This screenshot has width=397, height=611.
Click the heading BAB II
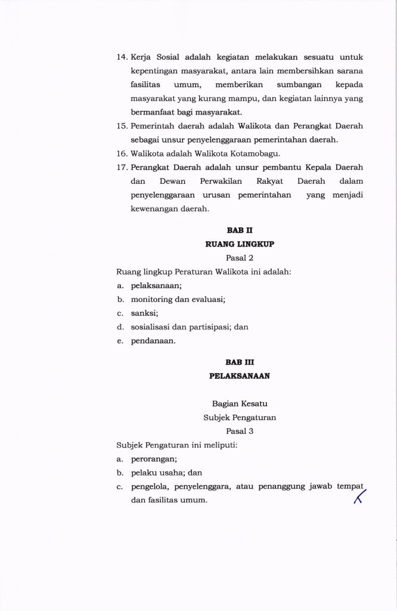tap(240, 230)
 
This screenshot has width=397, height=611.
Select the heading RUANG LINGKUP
tap(240, 244)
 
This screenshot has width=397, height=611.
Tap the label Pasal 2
tap(240, 258)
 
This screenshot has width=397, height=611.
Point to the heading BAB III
tap(240, 362)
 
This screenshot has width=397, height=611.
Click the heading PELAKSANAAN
tap(240, 377)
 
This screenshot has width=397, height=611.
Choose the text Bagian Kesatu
tap(240, 404)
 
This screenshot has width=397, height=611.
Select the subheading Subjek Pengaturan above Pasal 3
tap(240, 418)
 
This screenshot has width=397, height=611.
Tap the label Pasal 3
tap(240, 431)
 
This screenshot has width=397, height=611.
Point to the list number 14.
tap(122, 57)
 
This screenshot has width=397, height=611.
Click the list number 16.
tap(122, 153)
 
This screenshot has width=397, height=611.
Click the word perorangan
tap(154, 459)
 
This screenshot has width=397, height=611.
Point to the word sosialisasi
tap(152, 327)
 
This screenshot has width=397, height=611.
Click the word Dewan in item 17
tap(175, 181)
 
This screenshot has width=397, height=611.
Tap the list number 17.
tap(122, 167)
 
